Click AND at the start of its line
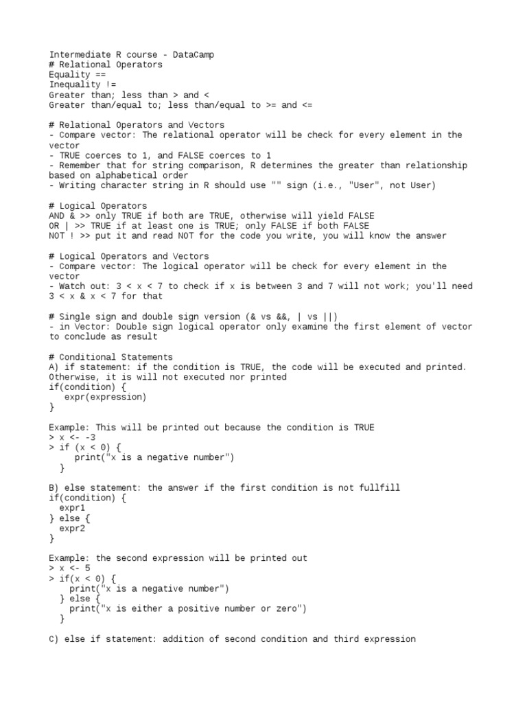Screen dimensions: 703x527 pos(56,216)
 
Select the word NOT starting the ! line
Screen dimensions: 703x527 pos(56,235)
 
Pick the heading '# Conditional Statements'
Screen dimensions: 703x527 pos(110,357)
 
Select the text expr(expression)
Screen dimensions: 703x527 pos(105,397)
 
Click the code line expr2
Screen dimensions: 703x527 pos(72,528)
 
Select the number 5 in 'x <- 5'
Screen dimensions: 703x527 pos(87,568)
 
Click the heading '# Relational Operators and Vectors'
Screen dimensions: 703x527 pos(136,125)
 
